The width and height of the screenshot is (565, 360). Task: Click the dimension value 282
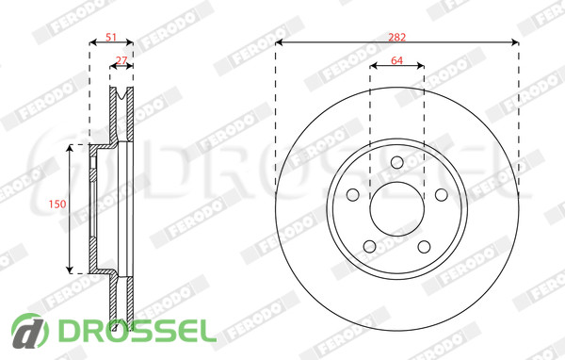pos(396,37)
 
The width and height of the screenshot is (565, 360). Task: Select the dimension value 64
pos(396,60)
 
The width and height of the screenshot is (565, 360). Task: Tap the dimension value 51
pos(111,37)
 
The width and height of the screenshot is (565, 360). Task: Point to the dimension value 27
pos(121,60)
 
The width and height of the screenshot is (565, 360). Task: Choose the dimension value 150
pos(57,205)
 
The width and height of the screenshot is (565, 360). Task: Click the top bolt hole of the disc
pos(396,162)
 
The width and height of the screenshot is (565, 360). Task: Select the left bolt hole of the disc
pos(353,195)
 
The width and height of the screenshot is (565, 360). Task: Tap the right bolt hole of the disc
pos(441,195)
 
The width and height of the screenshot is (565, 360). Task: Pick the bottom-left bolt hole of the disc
pos(370,247)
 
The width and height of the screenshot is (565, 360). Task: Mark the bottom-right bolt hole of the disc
pos(424,247)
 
